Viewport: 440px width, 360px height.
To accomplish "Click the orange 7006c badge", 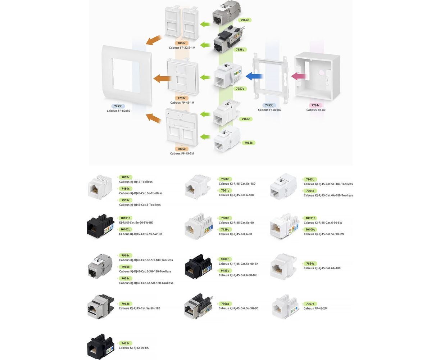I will pyautogui.click(x=182, y=43).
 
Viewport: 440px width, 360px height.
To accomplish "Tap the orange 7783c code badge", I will pyautogui.click(x=182, y=98).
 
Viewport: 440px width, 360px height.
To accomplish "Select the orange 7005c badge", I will pyautogui.click(x=182, y=149).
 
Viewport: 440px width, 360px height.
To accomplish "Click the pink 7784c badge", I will pyautogui.click(x=316, y=105).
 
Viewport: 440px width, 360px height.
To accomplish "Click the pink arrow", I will pyautogui.click(x=299, y=76).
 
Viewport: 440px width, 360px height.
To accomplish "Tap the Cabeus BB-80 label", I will pyautogui.click(x=316, y=110).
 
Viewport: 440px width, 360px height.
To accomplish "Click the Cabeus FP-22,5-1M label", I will pyautogui.click(x=182, y=48).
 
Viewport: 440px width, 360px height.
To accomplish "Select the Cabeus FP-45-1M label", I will pyautogui.click(x=182, y=103).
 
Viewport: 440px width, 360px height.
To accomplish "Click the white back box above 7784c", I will pyautogui.click(x=317, y=77).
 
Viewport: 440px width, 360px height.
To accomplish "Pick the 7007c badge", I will pyautogui.click(x=126, y=177).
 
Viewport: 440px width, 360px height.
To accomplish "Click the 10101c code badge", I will pyautogui.click(x=126, y=218).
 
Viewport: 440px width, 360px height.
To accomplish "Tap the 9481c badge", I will pyautogui.click(x=126, y=343).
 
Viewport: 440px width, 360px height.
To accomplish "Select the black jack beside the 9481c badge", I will pyautogui.click(x=100, y=346).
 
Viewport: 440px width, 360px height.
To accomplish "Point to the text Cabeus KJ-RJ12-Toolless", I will pyautogui.click(x=136, y=182).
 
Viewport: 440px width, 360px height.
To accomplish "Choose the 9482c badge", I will pyautogui.click(x=225, y=259).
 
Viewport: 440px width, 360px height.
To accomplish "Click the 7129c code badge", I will pyautogui.click(x=225, y=229).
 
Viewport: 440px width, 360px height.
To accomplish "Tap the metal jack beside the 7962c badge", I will pyautogui.click(x=100, y=306).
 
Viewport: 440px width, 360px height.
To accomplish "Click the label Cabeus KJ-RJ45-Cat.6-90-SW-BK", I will pyautogui.click(x=141, y=234).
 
